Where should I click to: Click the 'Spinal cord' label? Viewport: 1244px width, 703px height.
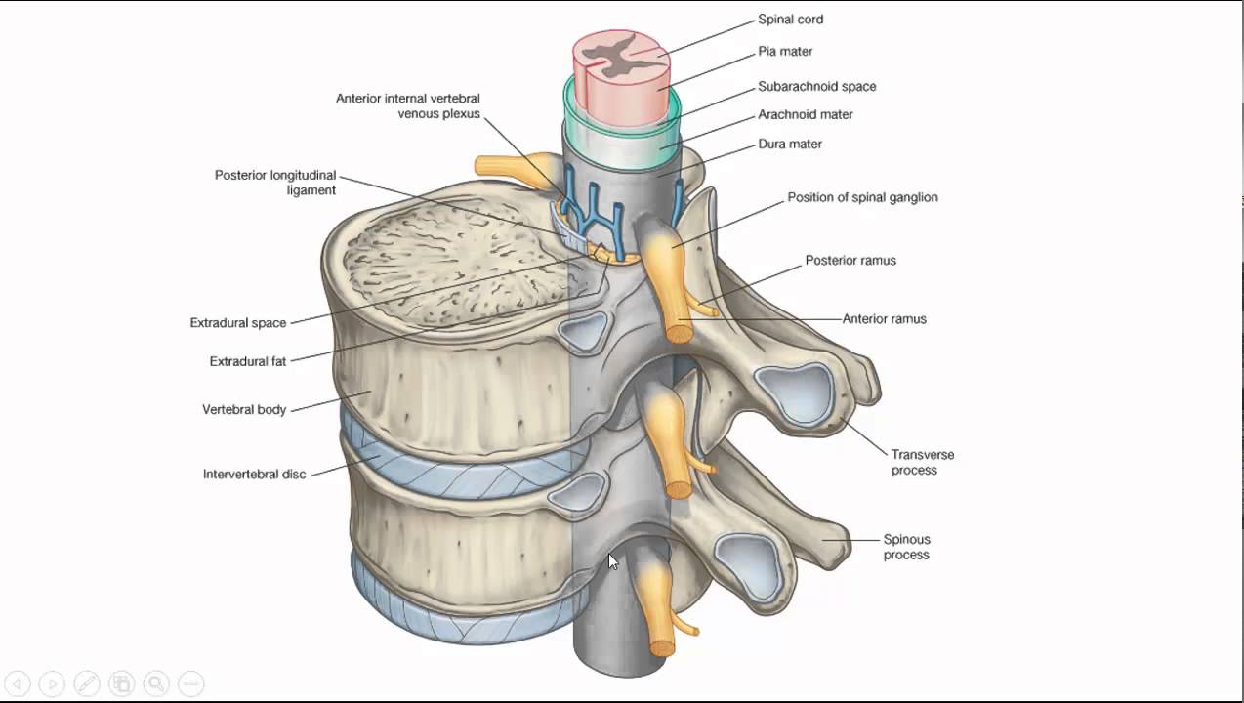pyautogui.click(x=790, y=19)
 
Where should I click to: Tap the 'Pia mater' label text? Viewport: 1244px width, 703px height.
pyautogui.click(x=785, y=51)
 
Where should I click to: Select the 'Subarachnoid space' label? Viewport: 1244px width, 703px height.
pyautogui.click(x=816, y=86)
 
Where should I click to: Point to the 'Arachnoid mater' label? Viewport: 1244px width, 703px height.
pyautogui.click(x=806, y=114)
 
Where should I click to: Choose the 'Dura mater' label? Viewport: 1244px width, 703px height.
pyautogui.click(x=790, y=144)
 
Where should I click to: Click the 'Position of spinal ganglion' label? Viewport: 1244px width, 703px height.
pyautogui.click(x=862, y=197)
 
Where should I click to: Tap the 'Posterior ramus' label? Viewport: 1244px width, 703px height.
pyautogui.click(x=850, y=261)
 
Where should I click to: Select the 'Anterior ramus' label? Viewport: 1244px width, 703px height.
pyautogui.click(x=884, y=318)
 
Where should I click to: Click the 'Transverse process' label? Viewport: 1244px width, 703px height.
pyautogui.click(x=922, y=462)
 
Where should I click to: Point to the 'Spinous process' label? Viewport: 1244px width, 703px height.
pyautogui.click(x=906, y=547)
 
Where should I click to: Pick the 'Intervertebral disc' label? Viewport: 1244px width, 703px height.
pyautogui.click(x=254, y=475)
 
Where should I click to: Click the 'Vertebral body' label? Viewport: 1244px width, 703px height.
pyautogui.click(x=244, y=410)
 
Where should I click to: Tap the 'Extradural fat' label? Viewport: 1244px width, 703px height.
pyautogui.click(x=248, y=361)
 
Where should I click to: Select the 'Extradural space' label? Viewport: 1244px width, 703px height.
pyautogui.click(x=238, y=323)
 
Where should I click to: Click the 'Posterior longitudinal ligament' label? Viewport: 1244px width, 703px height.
pyautogui.click(x=275, y=183)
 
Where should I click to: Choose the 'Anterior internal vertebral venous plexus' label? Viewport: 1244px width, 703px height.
pyautogui.click(x=408, y=105)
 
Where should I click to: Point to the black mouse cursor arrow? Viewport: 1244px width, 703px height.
pyautogui.click(x=612, y=561)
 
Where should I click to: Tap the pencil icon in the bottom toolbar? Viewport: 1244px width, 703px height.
pyautogui.click(x=86, y=684)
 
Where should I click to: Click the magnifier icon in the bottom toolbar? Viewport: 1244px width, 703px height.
pyautogui.click(x=156, y=684)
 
